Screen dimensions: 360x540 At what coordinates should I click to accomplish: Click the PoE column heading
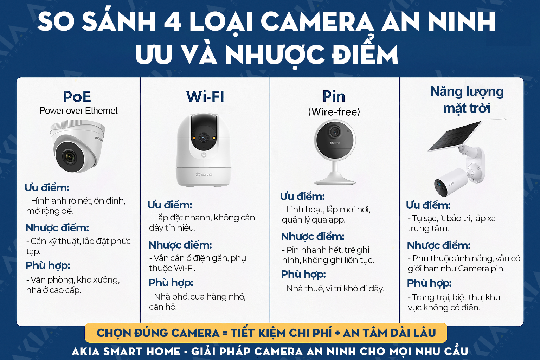point(77,96)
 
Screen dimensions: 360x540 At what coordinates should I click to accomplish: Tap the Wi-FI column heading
point(205,97)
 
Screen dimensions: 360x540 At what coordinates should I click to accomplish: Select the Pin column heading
point(334,96)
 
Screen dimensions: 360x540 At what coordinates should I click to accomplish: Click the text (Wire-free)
point(334,112)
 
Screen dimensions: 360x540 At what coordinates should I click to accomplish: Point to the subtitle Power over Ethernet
point(78,111)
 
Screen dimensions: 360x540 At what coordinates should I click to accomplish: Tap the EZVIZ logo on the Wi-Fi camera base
point(204,174)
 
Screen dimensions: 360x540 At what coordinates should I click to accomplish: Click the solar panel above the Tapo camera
point(455,136)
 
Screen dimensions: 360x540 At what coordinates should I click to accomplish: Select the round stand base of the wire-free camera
point(334,181)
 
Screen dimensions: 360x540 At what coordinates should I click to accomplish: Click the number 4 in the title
point(173,22)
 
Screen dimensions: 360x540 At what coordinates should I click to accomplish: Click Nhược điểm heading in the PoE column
point(57,228)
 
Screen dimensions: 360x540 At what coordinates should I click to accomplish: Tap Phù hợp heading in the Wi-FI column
point(171,283)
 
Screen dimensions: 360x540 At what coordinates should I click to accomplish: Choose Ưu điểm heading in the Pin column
point(302,197)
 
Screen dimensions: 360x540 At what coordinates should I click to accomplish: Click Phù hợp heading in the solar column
point(429,283)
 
